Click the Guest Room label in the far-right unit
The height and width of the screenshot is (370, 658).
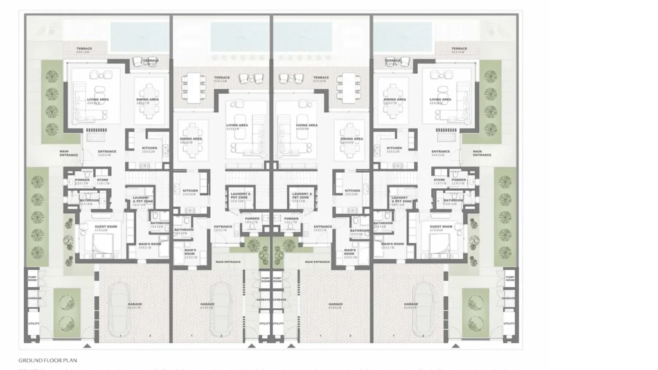(441, 227)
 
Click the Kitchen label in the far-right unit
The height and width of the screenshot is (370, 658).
(394, 148)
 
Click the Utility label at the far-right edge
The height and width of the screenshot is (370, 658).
(510, 323)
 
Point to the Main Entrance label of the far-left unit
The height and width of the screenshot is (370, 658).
(69, 154)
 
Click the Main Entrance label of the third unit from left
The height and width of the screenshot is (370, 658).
(317, 262)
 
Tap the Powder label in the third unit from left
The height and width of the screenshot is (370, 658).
(291, 218)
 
